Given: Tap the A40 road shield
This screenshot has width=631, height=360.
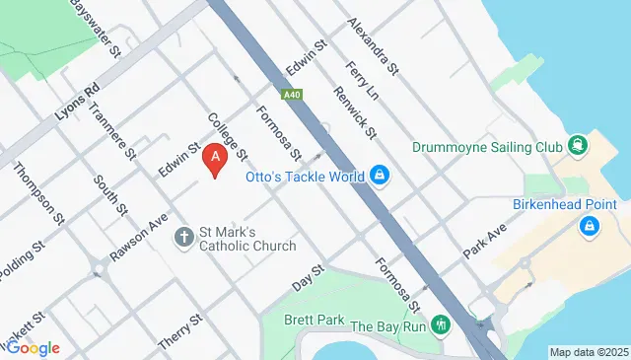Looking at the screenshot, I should (x=290, y=96).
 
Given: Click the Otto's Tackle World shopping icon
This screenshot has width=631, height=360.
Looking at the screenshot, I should (x=379, y=177).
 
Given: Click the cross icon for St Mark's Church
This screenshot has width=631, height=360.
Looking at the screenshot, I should (x=183, y=237).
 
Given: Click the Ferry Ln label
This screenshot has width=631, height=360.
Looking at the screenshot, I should (x=364, y=80).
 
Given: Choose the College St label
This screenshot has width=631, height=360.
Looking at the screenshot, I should (x=227, y=138).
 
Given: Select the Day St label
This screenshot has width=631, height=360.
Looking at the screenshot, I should (x=309, y=278).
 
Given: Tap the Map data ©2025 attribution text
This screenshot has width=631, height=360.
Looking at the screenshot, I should (x=589, y=352).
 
